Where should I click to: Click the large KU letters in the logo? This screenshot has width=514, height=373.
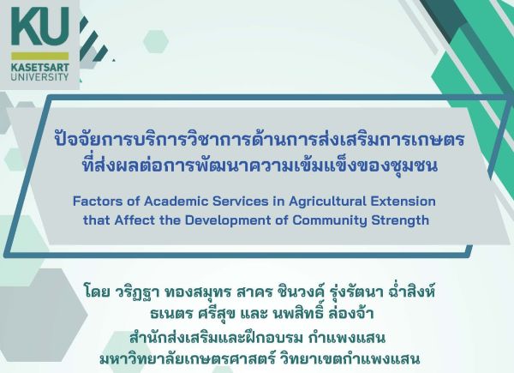[x=41, y=27]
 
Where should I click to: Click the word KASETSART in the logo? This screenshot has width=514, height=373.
[x=41, y=64]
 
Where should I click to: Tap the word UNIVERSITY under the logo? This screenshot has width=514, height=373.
[x=41, y=75]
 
